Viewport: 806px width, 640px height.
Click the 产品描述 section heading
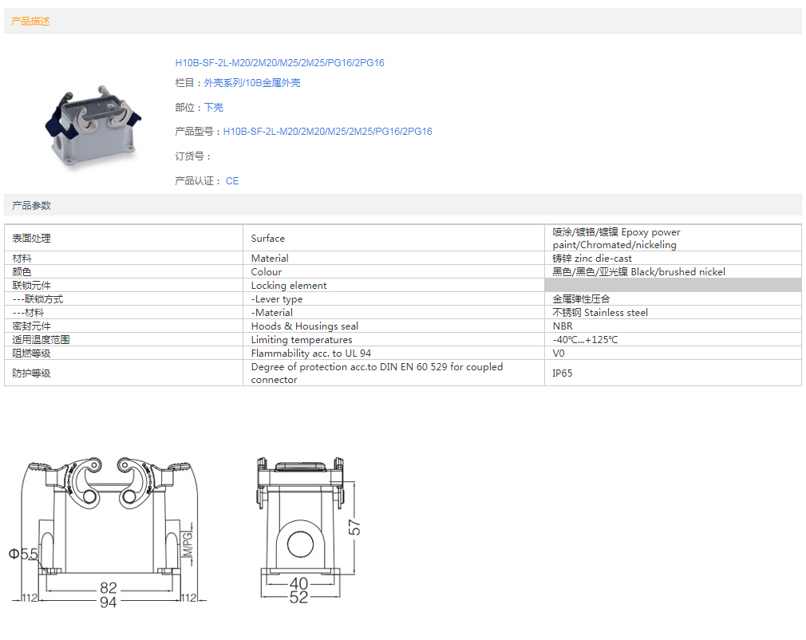pyautogui.click(x=31, y=21)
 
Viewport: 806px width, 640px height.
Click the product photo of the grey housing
pyautogui.click(x=93, y=125)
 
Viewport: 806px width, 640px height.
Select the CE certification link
pyautogui.click(x=232, y=181)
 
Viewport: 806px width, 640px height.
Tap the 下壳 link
pyautogui.click(x=214, y=108)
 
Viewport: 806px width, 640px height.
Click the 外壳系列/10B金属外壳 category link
pyautogui.click(x=252, y=83)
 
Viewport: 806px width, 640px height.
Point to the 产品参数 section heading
pyautogui.click(x=31, y=206)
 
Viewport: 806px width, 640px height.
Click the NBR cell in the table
pyautogui.click(x=673, y=326)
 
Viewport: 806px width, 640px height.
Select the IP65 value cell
pyautogui.click(x=673, y=373)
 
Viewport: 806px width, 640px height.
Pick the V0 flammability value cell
pyautogui.click(x=673, y=354)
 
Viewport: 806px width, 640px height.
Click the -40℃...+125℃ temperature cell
pyautogui.click(x=673, y=340)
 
